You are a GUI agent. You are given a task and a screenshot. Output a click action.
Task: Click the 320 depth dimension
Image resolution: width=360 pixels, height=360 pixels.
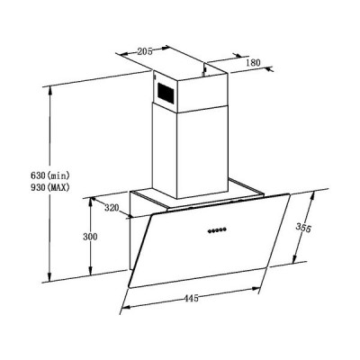coord(111,209)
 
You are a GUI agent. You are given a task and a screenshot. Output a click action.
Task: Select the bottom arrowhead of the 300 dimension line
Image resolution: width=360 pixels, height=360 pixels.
coord(90,274)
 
